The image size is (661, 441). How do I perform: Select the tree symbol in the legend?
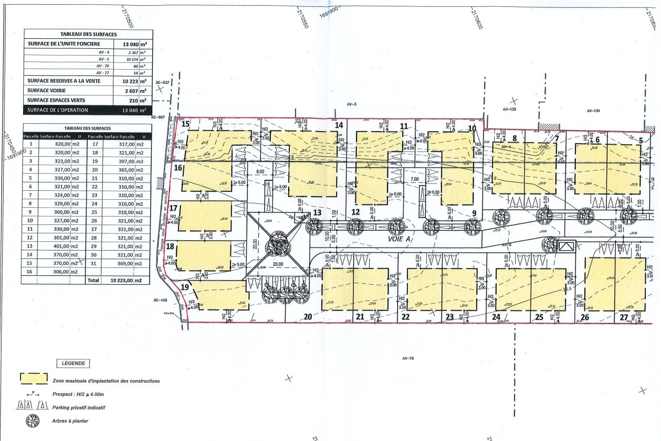pos(33,421)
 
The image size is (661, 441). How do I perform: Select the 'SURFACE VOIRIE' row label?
pos(50,91)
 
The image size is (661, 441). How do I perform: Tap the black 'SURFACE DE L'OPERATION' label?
pos(58,110)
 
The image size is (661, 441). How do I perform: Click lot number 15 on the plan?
pos(185,124)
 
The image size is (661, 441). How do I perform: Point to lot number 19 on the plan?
pos(185,287)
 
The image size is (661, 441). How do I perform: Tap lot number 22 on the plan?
pos(405,317)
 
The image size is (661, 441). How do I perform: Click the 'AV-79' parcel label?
pos(405,359)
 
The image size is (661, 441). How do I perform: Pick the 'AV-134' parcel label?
pos(593,111)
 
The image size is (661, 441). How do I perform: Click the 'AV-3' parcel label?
pos(351,105)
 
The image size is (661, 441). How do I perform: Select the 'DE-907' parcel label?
pos(159,117)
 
